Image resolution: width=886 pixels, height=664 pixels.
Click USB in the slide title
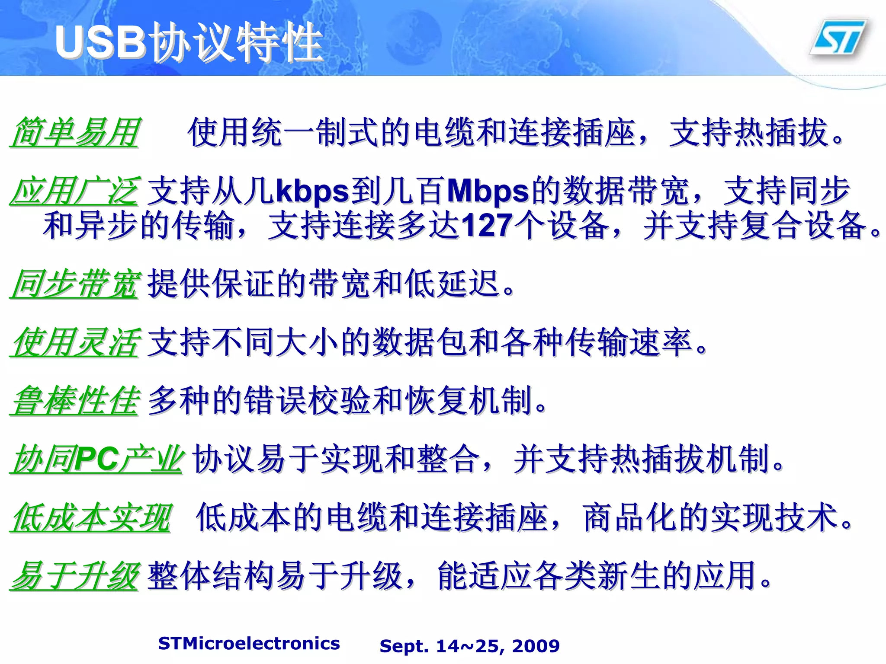point(100,42)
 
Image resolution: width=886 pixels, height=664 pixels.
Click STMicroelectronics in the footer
point(249,644)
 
